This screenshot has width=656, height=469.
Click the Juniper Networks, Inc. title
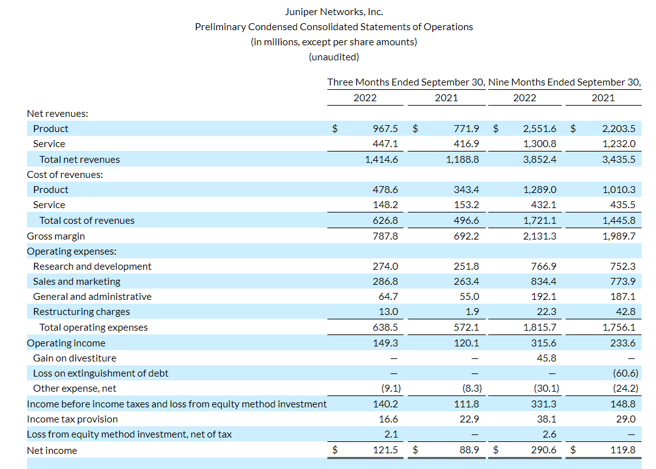coord(334,11)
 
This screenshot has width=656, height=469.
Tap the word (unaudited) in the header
coord(334,57)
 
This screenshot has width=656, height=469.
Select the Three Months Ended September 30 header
coord(406,82)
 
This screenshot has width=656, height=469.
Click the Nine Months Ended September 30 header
coord(564,82)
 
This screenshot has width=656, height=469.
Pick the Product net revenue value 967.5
coord(385,128)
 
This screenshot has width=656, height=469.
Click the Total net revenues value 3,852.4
coord(540,159)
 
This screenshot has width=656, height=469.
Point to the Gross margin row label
coord(56,236)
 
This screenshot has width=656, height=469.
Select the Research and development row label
coord(92,266)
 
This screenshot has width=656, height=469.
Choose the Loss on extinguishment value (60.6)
coord(623,373)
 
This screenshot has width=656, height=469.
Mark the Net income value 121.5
coord(385,450)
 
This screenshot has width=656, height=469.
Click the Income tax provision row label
coord(72,419)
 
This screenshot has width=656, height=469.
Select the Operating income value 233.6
coord(623,343)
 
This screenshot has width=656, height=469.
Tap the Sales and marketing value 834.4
coord(544,281)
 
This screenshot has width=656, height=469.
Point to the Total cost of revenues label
coord(87,220)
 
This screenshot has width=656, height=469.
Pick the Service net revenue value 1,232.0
coord(619,143)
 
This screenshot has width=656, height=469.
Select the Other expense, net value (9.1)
coord(387,388)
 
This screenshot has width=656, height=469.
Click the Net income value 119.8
coord(623,450)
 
